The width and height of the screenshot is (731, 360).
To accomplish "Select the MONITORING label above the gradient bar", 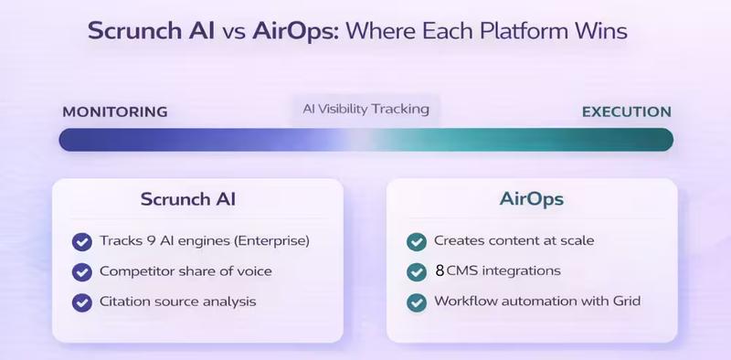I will click(x=114, y=111).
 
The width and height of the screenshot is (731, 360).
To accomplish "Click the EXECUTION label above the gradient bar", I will click(x=627, y=111).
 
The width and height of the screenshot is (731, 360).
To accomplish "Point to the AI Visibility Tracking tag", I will click(x=365, y=109).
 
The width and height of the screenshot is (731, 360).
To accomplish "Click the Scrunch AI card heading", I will click(x=196, y=199).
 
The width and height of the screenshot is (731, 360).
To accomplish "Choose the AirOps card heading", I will click(x=531, y=199).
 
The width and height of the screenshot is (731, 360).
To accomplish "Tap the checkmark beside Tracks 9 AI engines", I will click(x=82, y=241).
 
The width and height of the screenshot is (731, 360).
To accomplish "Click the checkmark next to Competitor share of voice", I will click(x=82, y=271).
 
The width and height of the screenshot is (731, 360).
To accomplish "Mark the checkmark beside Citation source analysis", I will click(x=82, y=301).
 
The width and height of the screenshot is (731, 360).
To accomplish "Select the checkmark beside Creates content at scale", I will click(x=417, y=241).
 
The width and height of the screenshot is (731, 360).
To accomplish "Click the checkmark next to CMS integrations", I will click(x=417, y=271).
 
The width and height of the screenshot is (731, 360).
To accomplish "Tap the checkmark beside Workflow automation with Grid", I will click(x=417, y=301).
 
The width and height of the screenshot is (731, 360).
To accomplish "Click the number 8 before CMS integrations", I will click(x=440, y=271).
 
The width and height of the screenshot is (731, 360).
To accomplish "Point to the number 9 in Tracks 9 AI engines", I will click(x=145, y=241).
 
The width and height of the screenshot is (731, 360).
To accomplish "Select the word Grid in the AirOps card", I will click(x=624, y=301).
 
